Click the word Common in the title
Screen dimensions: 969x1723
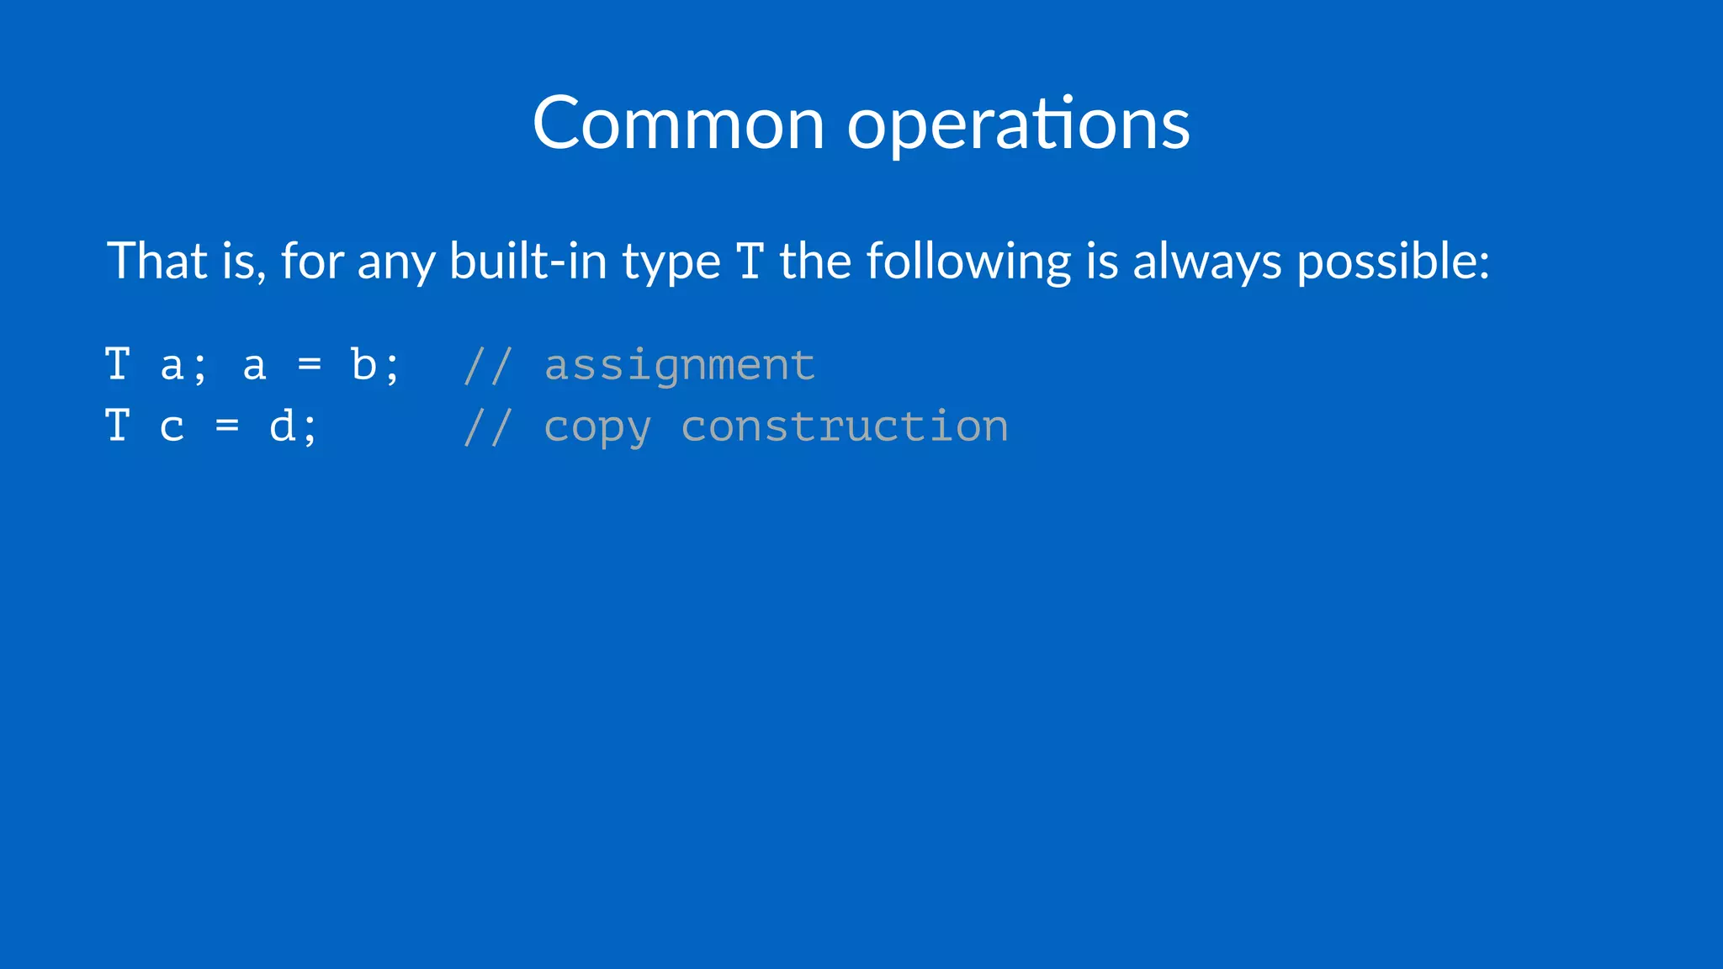(x=678, y=124)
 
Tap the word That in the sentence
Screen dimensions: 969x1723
(x=157, y=261)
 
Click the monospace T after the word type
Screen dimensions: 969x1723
(x=750, y=262)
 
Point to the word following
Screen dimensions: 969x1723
(x=968, y=262)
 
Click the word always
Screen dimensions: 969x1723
(x=1207, y=262)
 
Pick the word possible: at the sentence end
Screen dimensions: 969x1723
(x=1393, y=262)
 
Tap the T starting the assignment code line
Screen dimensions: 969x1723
(x=118, y=365)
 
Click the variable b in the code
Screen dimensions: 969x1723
(x=363, y=365)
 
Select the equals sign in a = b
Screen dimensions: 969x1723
(x=310, y=365)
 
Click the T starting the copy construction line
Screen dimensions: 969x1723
(x=118, y=426)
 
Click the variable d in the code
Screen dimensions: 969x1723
(x=282, y=426)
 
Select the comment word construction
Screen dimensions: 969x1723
(x=844, y=426)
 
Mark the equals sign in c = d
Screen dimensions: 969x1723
(x=227, y=426)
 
